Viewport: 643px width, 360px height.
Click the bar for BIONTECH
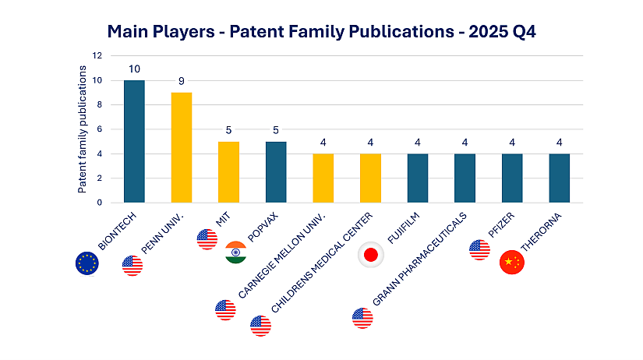134,141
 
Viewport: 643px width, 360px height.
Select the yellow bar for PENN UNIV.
181,147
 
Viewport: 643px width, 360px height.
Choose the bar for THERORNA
560,178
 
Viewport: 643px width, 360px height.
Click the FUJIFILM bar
418,178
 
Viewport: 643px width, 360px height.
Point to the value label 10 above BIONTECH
134,69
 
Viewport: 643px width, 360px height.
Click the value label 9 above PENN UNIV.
181,82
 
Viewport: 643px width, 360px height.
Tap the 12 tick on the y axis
97,56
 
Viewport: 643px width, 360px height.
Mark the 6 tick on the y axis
99,129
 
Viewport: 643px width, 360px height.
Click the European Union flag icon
87,263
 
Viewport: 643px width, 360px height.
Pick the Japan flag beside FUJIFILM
370,256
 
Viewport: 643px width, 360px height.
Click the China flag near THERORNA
512,263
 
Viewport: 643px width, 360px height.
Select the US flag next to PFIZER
480,250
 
